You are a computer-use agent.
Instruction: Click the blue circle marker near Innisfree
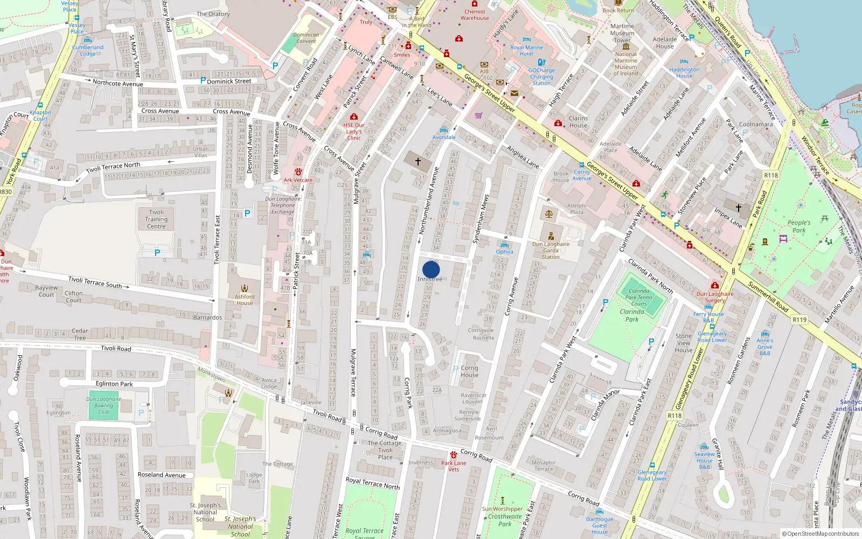tap(431, 269)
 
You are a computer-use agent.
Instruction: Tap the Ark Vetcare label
tap(298, 180)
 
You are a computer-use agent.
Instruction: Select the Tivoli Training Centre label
tap(156, 219)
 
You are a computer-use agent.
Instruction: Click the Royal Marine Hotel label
tap(526, 51)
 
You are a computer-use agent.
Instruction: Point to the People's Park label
tap(799, 226)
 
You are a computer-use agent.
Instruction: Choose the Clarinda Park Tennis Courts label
tap(639, 297)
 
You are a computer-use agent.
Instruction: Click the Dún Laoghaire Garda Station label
tap(551, 250)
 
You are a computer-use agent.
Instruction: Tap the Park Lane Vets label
tap(454, 466)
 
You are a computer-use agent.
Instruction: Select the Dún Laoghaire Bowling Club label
tap(103, 405)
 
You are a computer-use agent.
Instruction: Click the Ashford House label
tap(245, 300)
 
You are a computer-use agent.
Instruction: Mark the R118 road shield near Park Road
tap(771, 175)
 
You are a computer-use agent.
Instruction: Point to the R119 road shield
tap(800, 320)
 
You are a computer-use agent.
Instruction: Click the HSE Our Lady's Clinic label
tap(354, 132)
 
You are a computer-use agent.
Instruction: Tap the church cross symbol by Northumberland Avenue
tap(418, 161)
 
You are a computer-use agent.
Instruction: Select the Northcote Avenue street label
tap(117, 83)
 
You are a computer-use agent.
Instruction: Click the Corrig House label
tap(469, 371)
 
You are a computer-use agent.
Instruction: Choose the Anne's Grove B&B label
tap(764, 347)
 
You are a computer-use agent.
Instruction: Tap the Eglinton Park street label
tap(114, 384)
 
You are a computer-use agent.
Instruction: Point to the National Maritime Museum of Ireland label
tap(625, 64)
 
